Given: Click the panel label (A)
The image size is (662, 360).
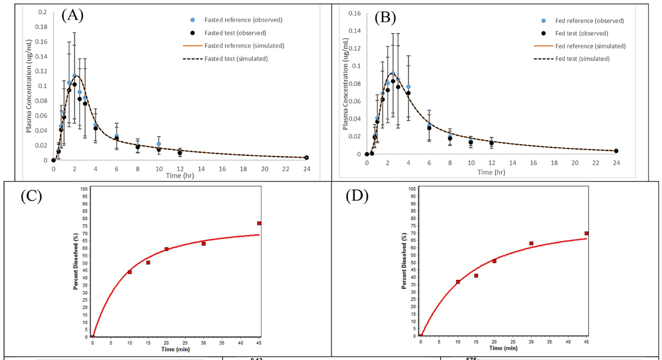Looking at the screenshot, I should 72,15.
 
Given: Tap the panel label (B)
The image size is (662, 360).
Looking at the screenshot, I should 384,17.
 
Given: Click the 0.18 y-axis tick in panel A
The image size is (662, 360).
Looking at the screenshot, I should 42,26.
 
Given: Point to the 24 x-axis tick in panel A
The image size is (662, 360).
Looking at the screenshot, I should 306,168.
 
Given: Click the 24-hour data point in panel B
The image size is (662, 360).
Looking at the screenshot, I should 616,151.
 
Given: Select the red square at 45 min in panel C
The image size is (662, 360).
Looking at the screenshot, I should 259,223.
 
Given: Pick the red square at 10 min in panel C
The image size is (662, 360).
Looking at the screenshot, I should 130,272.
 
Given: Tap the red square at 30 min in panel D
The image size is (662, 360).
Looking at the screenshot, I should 531,243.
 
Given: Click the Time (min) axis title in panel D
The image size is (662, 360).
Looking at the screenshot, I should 503,348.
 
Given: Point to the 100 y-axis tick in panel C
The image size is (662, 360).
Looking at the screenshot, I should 85,189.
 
